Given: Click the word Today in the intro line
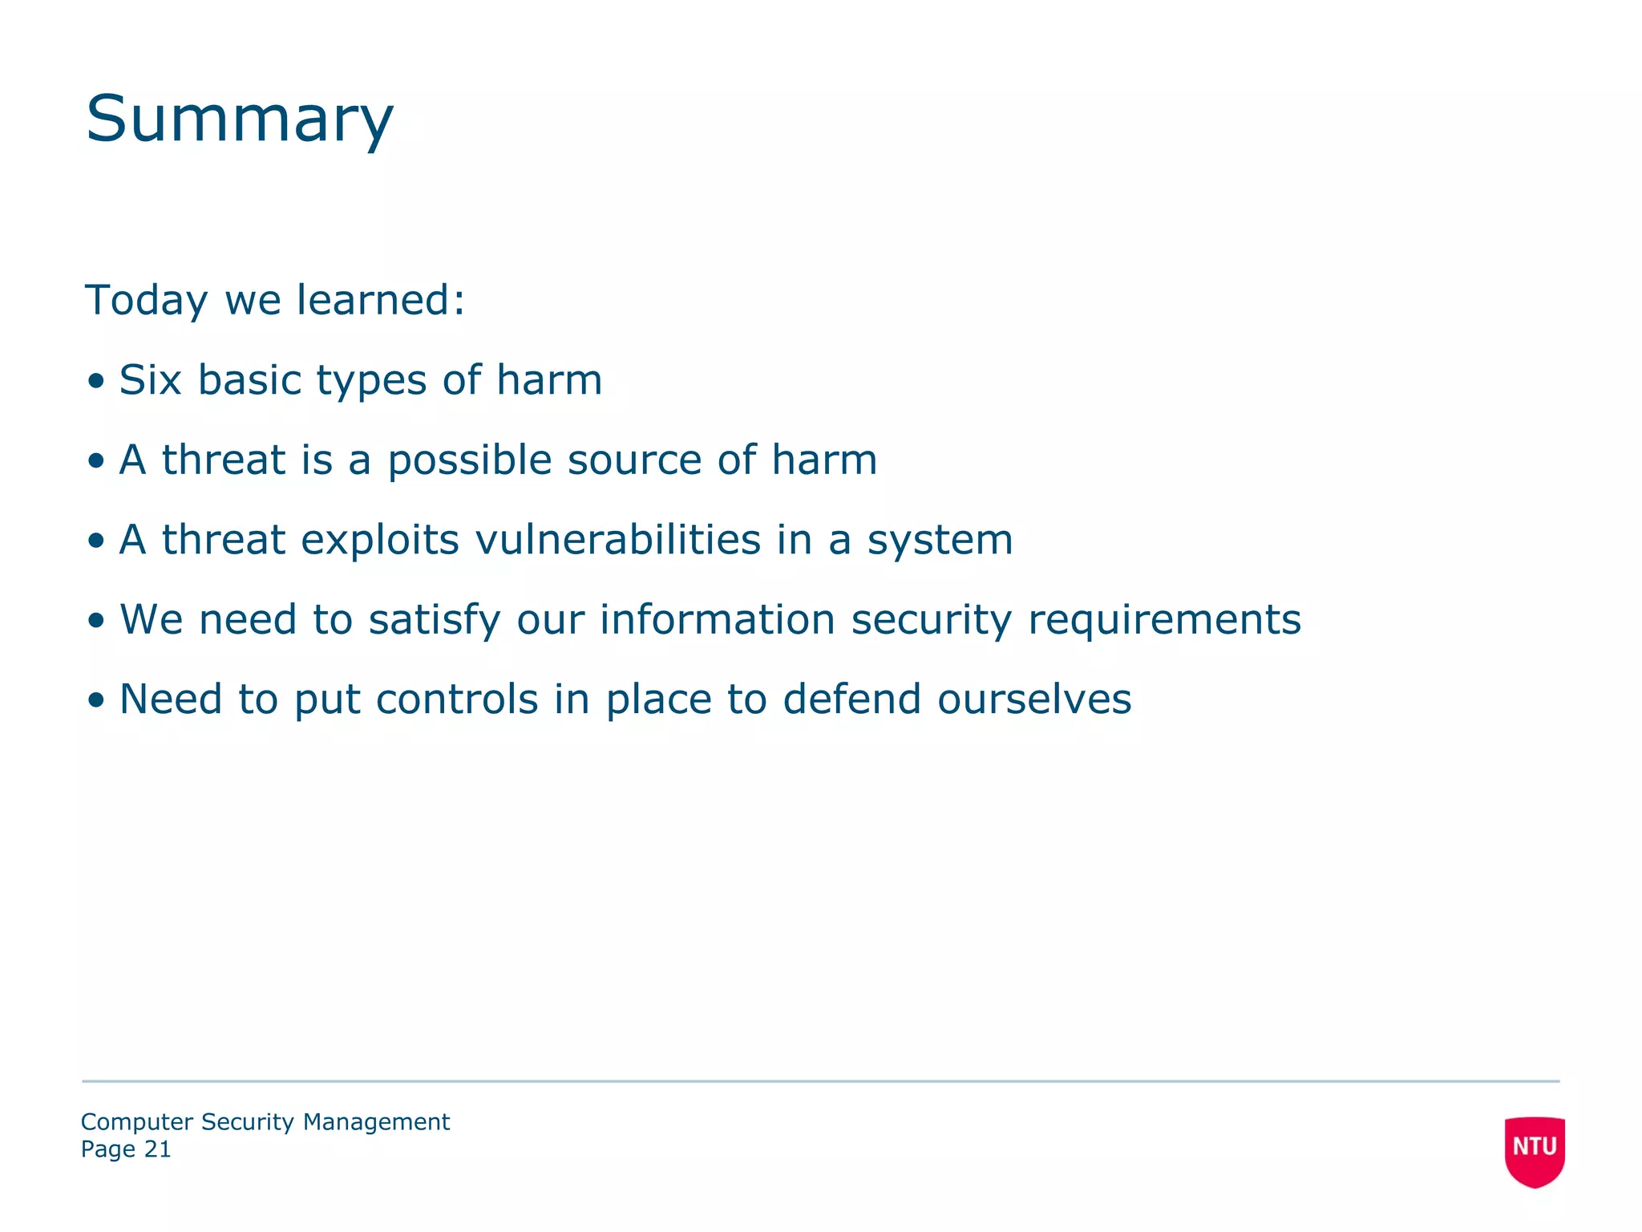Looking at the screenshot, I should (146, 300).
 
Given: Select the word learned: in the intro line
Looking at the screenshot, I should (381, 300).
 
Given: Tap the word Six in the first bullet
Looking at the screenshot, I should (150, 379).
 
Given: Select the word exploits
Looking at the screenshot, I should (379, 539).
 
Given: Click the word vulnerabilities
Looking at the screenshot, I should (617, 539).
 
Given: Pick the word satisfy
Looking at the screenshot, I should (434, 620).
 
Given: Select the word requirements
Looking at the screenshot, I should (1164, 620).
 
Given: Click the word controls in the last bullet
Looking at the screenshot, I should (457, 699).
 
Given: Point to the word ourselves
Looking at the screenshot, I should (1034, 699).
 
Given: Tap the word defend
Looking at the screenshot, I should (851, 699).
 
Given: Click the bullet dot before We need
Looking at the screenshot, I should (97, 621).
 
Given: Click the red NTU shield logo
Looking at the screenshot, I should (1534, 1150).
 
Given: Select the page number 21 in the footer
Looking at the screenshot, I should (157, 1149).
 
